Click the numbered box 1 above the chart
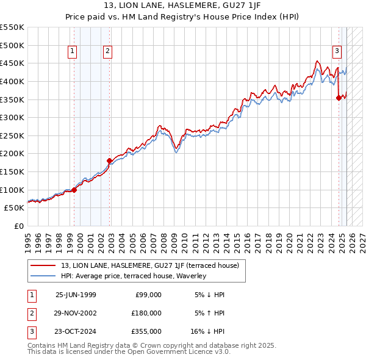pyautogui.click(x=73, y=52)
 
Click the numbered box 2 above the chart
pyautogui.click(x=107, y=52)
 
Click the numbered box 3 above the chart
pyautogui.click(x=337, y=52)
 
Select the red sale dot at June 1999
pyautogui.click(x=74, y=190)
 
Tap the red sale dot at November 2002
pyautogui.click(x=110, y=160)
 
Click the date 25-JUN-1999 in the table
pyautogui.click(x=76, y=295)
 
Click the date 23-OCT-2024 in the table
pyautogui.click(x=76, y=331)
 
